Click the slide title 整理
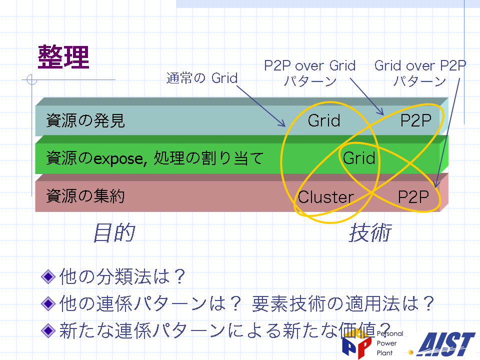point(63,57)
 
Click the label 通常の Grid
point(202,78)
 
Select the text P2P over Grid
point(310,65)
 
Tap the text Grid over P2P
point(420,65)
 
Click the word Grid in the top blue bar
point(324,120)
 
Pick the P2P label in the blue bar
point(416,120)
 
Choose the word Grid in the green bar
point(359,158)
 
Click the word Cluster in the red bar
point(326,197)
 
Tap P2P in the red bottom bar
point(413,197)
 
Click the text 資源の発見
point(85,120)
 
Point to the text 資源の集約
point(85,196)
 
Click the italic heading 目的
point(114,232)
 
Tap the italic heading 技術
point(370,232)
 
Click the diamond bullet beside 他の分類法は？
point(48,276)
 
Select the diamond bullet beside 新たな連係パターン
point(48,330)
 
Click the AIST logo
point(446,344)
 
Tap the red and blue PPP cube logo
point(357,344)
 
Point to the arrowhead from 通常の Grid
point(282,123)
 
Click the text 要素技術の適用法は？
point(343,303)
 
